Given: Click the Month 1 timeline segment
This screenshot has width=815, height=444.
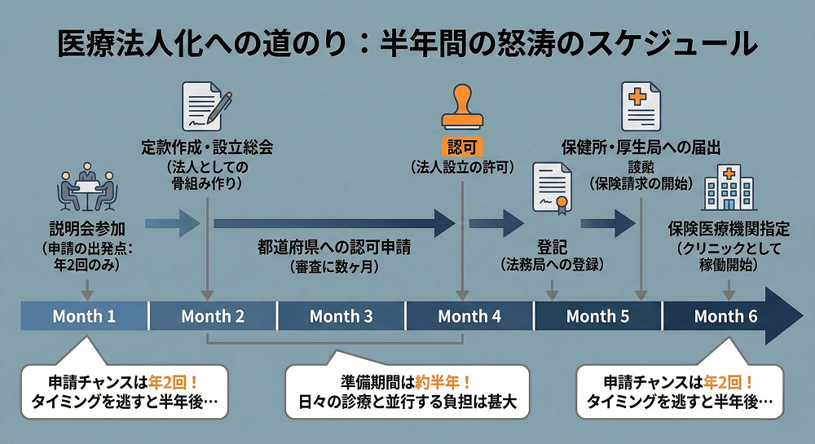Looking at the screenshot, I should point(84,316).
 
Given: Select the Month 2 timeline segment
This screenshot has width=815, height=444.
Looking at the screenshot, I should point(213,316).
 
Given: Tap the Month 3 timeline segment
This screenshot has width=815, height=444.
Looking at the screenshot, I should point(341,316).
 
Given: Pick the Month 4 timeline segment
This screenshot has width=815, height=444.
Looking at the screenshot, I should point(469,316).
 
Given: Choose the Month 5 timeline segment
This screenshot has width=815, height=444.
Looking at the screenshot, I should point(597,316).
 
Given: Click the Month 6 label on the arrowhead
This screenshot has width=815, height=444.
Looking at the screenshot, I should point(725,316).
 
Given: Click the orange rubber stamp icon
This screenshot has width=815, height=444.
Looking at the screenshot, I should point(463,108).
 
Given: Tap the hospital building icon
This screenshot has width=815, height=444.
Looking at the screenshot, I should point(728,187).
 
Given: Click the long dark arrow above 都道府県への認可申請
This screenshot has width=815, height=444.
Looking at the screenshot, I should point(334,222).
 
